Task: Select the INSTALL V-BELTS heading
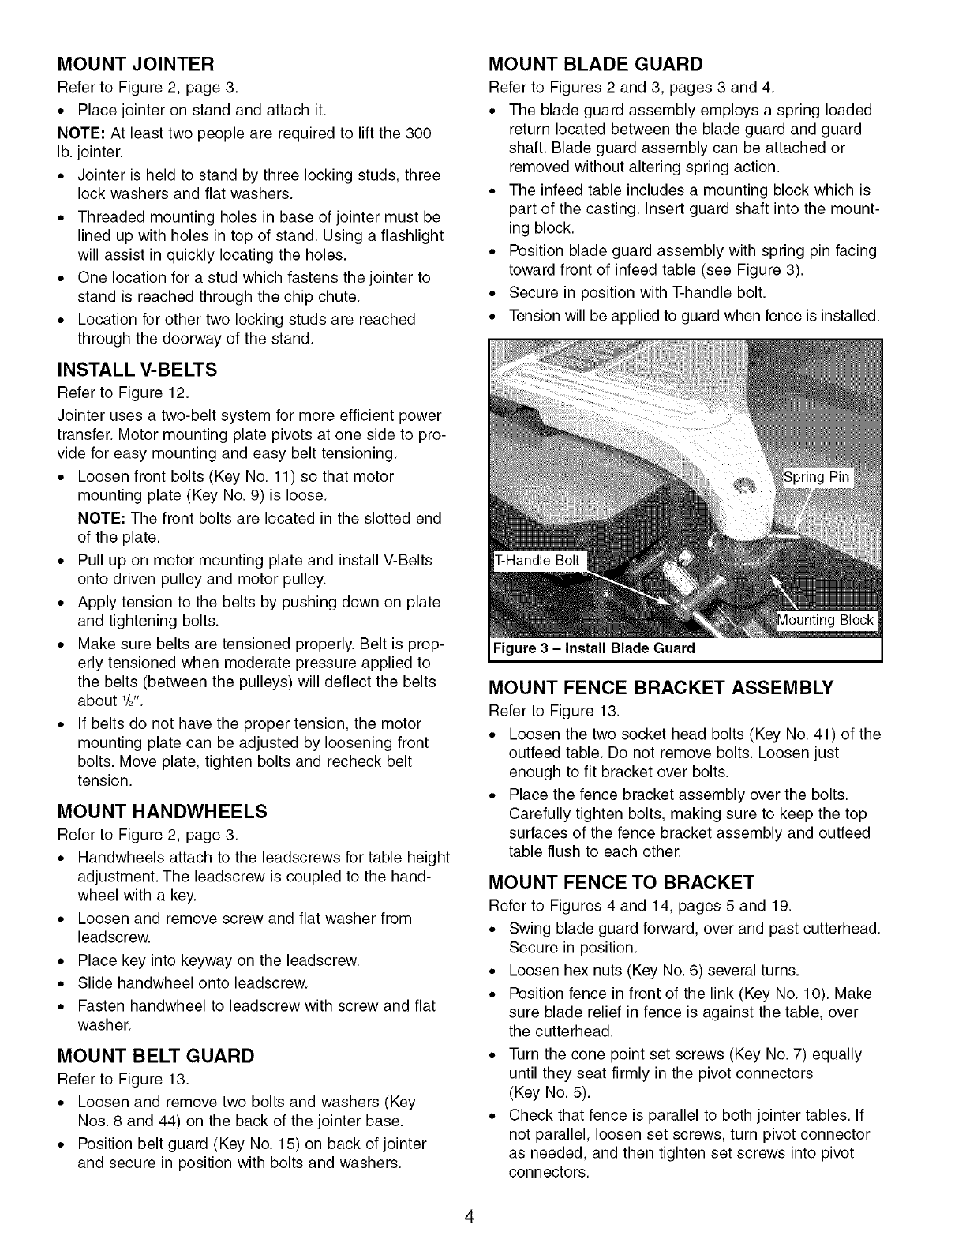(x=137, y=370)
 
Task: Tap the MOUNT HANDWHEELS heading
(x=163, y=812)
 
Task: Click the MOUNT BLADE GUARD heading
(x=596, y=63)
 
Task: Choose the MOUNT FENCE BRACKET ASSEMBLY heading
(x=661, y=688)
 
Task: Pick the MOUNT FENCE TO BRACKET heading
(x=622, y=881)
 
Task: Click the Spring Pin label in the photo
(x=816, y=477)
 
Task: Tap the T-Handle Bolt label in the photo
(x=537, y=561)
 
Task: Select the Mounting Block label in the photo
(x=826, y=620)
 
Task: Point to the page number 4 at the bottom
(x=469, y=1216)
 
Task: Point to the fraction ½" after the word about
(x=129, y=701)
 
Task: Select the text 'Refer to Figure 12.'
(x=110, y=393)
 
